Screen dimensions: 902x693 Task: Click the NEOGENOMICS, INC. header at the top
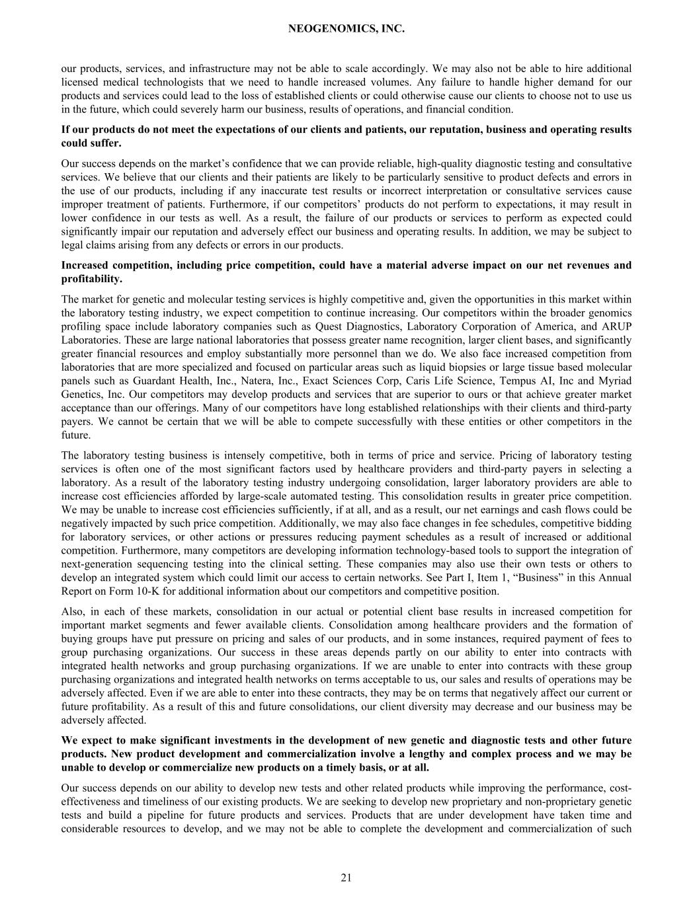click(x=346, y=29)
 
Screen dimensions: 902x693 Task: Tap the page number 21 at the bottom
click(x=346, y=878)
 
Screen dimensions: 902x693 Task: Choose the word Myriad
click(x=615, y=381)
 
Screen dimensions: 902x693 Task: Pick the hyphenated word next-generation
click(x=97, y=564)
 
